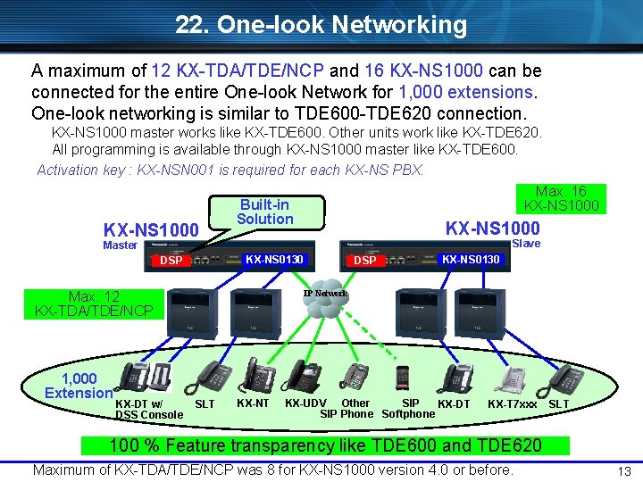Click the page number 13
pos(625,471)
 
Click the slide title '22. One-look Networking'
pos(321,25)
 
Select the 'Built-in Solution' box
pos(264,212)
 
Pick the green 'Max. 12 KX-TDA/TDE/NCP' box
pos(94,303)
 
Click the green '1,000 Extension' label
pos(79,386)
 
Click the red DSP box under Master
pos(171,261)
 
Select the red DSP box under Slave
pos(365,261)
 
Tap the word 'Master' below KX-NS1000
pos(120,245)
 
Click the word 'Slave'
pos(526,243)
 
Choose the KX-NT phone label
pos(253,403)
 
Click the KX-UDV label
pos(305,403)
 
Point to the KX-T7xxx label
pos(513,404)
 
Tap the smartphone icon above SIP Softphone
pos(402,378)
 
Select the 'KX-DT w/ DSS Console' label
pos(148,410)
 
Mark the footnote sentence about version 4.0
pos(273,470)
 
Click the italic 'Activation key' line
pos(230,170)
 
